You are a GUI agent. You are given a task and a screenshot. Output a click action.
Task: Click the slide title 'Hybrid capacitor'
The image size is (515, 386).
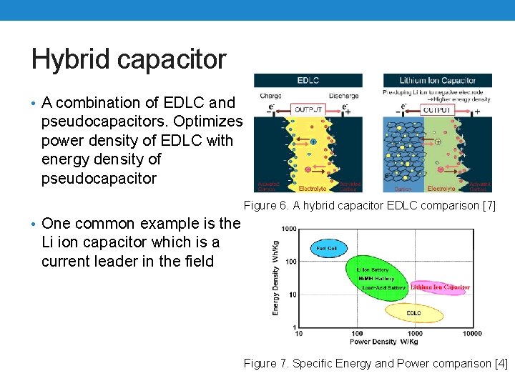click(129, 59)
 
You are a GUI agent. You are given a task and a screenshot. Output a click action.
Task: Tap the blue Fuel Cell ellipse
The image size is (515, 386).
click(328, 248)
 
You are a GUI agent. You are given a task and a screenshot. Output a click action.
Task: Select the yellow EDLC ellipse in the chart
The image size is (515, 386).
click(413, 313)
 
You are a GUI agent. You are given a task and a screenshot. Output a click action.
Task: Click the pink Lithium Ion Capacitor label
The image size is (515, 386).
click(440, 287)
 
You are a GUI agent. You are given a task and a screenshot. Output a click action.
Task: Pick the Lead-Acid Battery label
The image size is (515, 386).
click(383, 287)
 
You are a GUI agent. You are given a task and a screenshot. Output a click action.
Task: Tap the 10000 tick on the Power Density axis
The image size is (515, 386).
click(471, 333)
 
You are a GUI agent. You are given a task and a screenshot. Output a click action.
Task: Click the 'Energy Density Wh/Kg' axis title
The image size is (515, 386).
click(275, 277)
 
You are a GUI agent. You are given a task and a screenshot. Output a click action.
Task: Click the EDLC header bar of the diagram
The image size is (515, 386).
click(308, 81)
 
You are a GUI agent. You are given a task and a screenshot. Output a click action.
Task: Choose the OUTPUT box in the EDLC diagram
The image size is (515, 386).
click(309, 110)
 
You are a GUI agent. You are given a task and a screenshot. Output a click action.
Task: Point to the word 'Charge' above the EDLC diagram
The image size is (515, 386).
click(270, 96)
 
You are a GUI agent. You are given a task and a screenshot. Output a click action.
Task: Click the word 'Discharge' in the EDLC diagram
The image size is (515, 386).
click(343, 96)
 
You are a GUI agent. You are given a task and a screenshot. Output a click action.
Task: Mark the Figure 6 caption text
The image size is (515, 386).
click(370, 207)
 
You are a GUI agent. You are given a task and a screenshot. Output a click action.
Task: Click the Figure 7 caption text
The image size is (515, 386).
click(376, 363)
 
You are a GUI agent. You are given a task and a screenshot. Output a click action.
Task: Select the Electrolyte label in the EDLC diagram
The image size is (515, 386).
click(312, 189)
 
